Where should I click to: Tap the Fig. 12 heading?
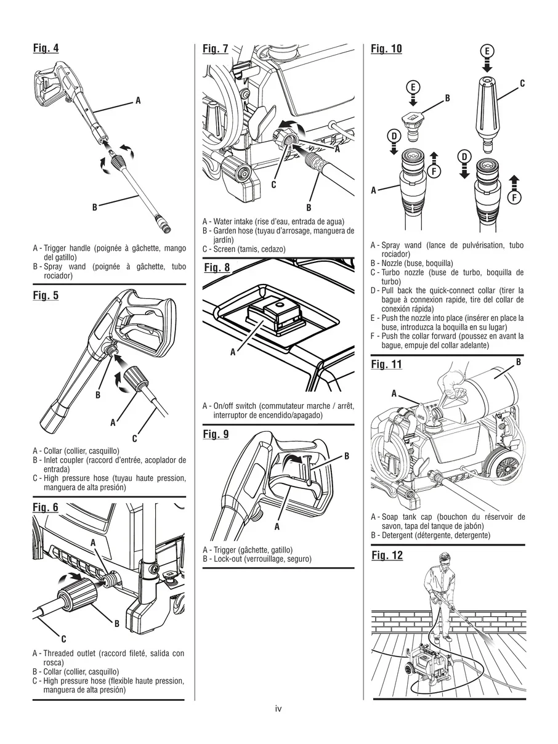pos(386,556)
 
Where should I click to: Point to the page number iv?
pos(278,709)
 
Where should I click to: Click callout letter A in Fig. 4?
pos(138,100)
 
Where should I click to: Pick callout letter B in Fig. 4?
pos(95,208)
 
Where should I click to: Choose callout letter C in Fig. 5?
pos(134,439)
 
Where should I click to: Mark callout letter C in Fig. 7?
pos(273,184)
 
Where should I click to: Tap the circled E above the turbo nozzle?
pos(486,51)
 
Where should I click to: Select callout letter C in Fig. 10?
pos(522,83)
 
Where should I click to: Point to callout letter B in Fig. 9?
pos(346,456)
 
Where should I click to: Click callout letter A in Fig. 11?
pos(394,393)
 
